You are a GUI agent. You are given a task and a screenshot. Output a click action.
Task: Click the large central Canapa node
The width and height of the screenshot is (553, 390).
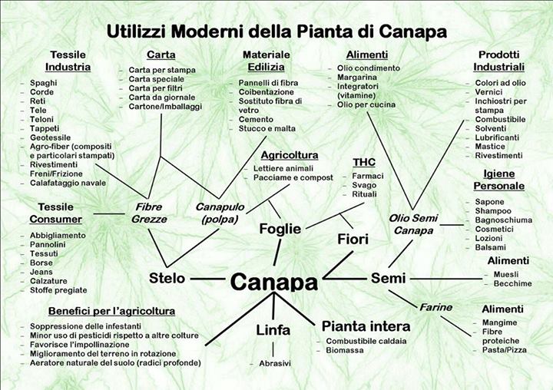273,282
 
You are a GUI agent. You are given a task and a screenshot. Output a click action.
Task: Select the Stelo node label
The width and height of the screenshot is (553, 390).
167,277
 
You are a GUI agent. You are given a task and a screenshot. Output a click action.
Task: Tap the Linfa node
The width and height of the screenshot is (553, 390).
273,330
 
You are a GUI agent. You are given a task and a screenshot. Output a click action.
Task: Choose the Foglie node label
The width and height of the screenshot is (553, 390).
279,229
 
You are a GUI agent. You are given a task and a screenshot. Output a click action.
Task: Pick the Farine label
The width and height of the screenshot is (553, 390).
435,307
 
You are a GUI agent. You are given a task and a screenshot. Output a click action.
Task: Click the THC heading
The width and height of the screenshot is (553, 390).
363,162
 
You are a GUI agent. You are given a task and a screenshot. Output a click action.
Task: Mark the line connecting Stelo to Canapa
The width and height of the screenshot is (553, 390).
207,278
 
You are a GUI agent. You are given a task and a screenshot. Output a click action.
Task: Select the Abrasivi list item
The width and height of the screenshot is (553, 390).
275,363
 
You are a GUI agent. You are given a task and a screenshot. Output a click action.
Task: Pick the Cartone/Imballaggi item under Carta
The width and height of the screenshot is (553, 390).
166,106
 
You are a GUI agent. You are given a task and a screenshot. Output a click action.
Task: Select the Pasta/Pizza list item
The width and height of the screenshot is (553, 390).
504,349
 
